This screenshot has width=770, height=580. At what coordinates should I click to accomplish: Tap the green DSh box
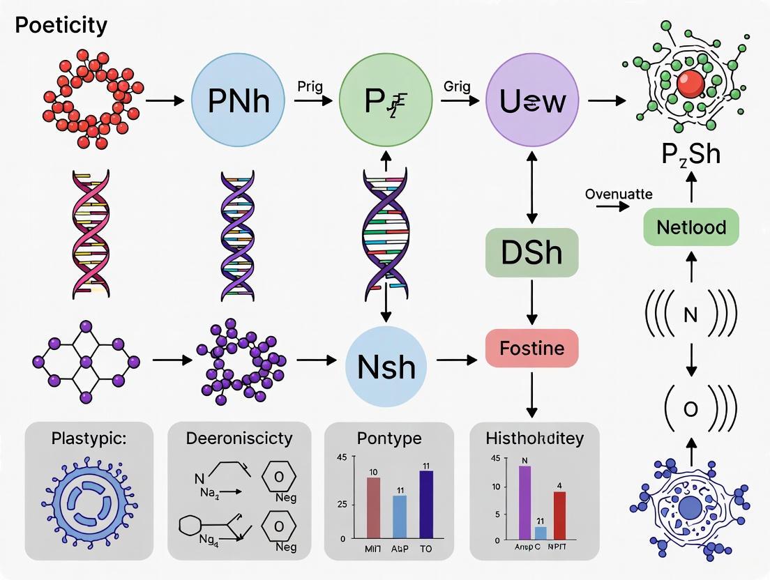coord(531,252)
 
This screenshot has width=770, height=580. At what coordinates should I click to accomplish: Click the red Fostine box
coord(531,347)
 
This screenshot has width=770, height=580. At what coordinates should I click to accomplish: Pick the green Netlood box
coord(690,227)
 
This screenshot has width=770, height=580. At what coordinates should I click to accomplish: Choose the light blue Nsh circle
coord(386,366)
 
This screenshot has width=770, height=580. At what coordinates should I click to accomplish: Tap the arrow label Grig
coord(457,86)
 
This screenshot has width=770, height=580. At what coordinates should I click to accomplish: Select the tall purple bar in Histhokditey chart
coord(524,502)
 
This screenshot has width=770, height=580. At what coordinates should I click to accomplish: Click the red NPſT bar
coord(559,515)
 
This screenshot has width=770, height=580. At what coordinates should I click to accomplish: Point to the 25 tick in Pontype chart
coord(341,503)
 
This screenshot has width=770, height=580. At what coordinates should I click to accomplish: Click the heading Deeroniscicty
coord(239,438)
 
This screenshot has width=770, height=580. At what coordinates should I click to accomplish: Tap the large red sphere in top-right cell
coord(690,84)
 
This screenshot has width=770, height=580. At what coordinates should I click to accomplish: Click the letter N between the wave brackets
coord(690,316)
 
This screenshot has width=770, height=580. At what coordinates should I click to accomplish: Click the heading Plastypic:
coord(89,439)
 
